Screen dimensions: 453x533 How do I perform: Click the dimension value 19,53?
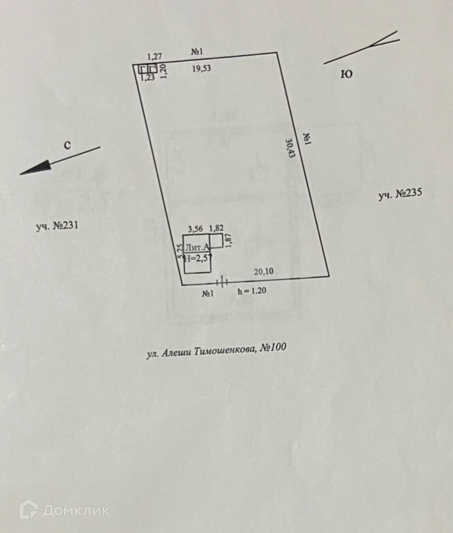[201, 69]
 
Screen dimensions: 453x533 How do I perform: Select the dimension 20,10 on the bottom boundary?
[264, 271]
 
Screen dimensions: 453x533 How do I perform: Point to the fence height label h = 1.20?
[252, 291]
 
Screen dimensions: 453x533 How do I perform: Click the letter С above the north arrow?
[68, 146]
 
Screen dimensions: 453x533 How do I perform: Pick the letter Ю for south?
[347, 74]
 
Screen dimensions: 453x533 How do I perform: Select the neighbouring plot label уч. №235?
[400, 194]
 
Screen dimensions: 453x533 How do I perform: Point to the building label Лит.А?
[197, 248]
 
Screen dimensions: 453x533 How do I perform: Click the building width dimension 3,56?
[196, 228]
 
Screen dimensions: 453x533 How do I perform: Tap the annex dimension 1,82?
[216, 228]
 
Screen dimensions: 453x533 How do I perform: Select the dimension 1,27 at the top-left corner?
[155, 57]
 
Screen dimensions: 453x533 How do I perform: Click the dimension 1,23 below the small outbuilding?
[148, 78]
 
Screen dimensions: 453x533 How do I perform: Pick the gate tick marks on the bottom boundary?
[222, 282]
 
